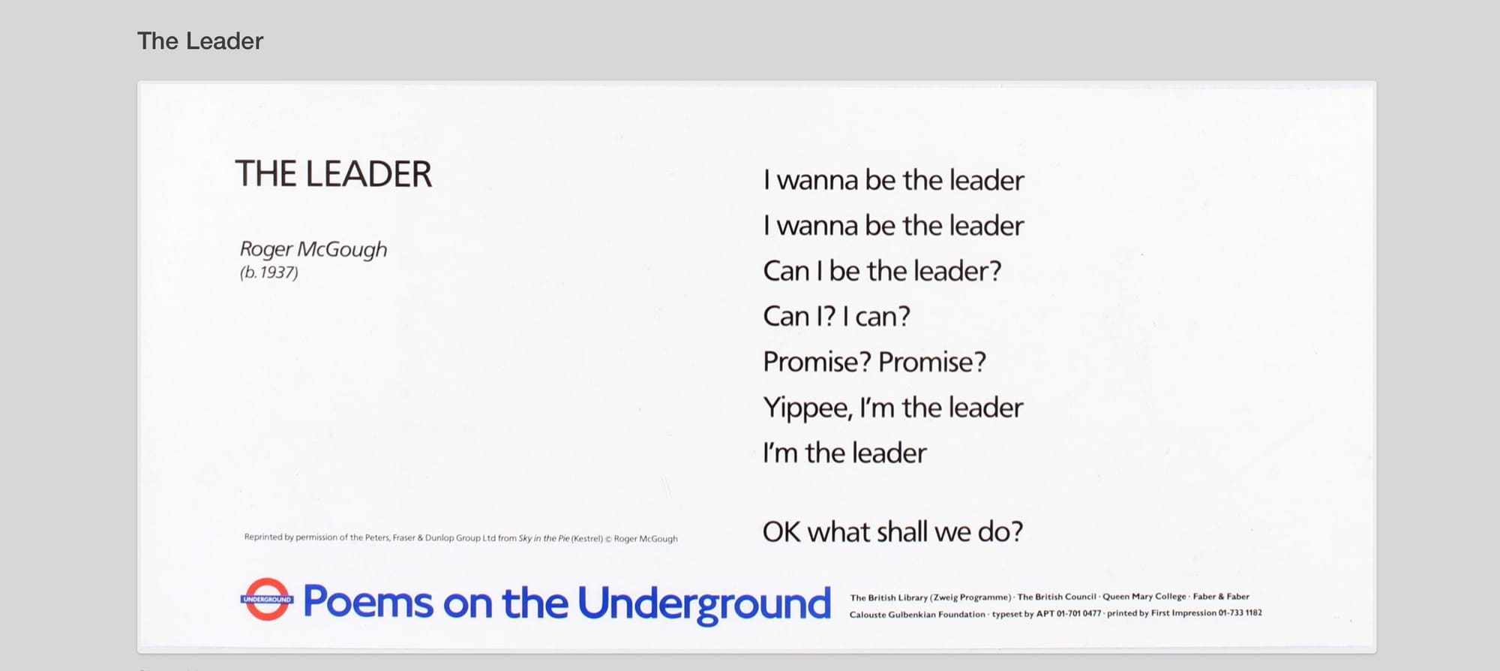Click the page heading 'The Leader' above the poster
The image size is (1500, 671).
[200, 41]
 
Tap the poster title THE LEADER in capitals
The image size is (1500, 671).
[334, 174]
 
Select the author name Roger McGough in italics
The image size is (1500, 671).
[313, 249]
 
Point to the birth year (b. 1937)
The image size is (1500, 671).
[269, 272]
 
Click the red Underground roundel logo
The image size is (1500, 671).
[267, 599]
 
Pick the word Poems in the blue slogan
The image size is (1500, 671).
[368, 602]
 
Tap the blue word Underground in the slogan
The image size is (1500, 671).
[704, 604]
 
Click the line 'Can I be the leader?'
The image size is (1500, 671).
[882, 271]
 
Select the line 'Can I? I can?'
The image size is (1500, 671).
[836, 317]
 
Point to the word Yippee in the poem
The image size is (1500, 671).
[808, 408]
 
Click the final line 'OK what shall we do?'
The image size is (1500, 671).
[892, 532]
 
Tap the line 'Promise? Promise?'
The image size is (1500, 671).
[874, 363]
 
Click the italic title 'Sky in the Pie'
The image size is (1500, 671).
[544, 538]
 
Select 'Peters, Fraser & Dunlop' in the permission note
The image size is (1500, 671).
[411, 537]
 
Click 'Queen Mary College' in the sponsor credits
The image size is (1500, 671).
[1144, 597]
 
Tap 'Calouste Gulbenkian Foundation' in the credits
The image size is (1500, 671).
[917, 615]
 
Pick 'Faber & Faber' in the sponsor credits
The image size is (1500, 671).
[1222, 597]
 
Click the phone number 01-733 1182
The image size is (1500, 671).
[1240, 613]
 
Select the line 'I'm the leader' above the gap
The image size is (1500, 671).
[844, 453]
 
